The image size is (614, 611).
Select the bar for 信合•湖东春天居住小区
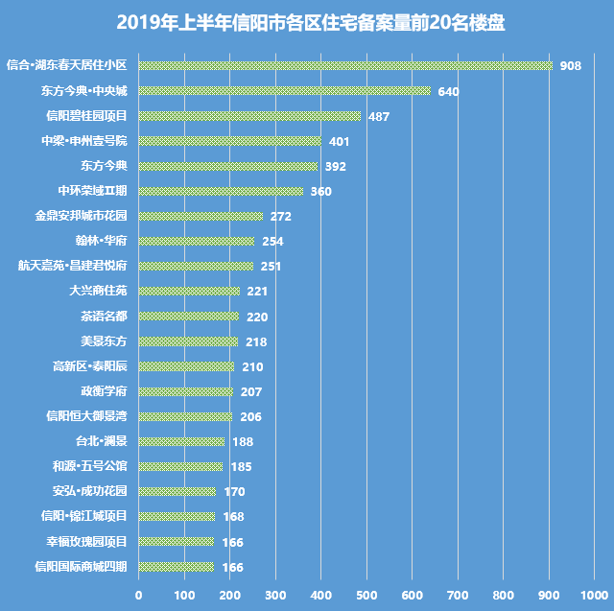click(345, 66)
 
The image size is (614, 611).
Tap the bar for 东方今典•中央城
click(285, 91)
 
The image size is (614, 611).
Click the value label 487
click(379, 117)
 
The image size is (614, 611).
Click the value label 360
click(320, 192)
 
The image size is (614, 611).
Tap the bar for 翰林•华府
click(197, 241)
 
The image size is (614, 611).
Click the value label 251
click(272, 267)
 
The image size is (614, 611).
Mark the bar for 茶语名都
click(189, 316)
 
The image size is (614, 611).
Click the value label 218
click(256, 341)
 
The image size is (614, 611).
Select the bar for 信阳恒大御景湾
click(185, 416)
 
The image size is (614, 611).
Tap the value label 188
click(243, 441)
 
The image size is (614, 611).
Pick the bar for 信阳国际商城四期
click(177, 566)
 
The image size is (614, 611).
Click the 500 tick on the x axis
click(367, 596)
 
